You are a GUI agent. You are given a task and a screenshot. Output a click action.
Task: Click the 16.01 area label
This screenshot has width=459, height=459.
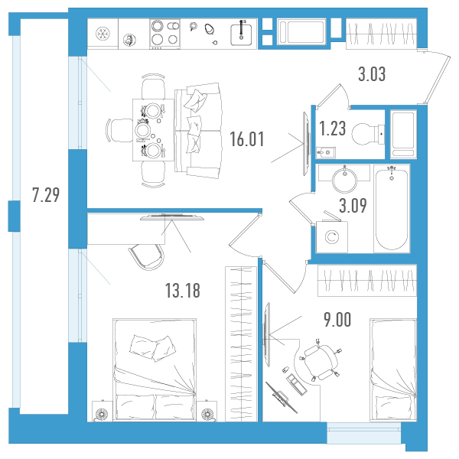pos(247,139)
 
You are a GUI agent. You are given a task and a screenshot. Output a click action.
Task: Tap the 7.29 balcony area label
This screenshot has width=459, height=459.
pos(46,195)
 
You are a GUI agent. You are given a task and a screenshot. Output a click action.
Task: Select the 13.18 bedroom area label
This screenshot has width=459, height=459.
pos(183,291)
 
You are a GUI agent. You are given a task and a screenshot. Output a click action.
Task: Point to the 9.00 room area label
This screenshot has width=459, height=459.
pos(337,319)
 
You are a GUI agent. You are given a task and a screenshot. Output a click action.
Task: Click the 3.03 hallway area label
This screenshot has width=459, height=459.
pos(372,74)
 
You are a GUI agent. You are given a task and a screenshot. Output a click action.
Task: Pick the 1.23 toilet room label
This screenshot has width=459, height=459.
pos(332,129)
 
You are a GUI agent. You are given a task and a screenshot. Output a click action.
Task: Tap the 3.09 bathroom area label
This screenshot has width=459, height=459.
pos(353,206)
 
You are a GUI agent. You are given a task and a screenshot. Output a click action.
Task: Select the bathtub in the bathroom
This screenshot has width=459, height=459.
pos(392,208)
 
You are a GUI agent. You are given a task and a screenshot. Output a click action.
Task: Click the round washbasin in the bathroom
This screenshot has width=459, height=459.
pos(344,179)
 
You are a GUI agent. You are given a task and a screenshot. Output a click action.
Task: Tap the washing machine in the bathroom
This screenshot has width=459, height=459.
pos(332,236)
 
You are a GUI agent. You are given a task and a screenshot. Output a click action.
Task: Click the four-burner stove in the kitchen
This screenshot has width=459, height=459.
pos(164,34)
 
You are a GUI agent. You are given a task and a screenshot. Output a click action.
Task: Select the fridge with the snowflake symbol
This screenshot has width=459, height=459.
pos(103,34)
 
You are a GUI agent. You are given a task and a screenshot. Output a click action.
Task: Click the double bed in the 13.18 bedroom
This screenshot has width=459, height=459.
pos(155,369)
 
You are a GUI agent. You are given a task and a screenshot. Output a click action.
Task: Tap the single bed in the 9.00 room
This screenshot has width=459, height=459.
pos(393,370)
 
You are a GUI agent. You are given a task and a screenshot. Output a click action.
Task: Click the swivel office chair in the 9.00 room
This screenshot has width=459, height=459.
pos(320,362)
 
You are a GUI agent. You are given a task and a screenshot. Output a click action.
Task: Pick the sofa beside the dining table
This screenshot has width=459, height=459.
pos(198,130)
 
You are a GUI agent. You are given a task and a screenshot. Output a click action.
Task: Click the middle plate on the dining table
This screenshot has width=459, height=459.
pos(142,130)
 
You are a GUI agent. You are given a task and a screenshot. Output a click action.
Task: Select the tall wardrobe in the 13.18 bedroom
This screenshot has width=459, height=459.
pos(241,344)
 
